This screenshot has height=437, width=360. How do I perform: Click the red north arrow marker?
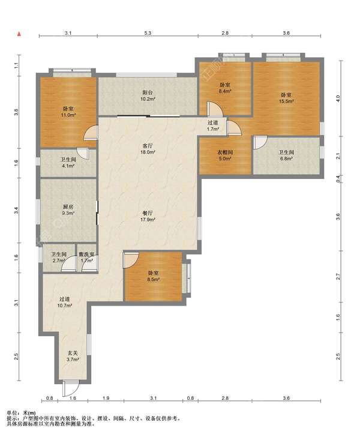point(19,34)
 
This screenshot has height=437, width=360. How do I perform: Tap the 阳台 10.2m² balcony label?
point(148,95)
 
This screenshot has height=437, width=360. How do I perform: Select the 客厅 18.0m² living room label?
point(148,149)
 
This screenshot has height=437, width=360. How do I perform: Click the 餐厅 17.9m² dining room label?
point(148,216)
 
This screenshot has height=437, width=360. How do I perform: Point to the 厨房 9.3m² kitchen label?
point(68,210)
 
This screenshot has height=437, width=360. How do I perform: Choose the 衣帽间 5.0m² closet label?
point(224,155)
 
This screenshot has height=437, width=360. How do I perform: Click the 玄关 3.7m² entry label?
point(73,356)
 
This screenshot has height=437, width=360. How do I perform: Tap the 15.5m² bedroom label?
point(286,98)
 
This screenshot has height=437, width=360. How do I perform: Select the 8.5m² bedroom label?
point(153,276)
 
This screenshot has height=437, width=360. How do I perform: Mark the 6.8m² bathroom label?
point(286,155)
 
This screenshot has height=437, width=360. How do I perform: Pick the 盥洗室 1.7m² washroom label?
point(86,258)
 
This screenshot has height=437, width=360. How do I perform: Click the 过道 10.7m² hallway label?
point(65,302)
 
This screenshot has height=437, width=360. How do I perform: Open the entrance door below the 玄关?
point(70,388)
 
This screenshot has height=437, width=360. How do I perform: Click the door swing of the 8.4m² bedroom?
point(215,109)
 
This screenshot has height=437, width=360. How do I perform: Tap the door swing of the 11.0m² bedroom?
point(91,132)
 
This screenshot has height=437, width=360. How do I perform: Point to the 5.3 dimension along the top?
point(148,33)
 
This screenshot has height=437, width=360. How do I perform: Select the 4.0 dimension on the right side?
point(338,98)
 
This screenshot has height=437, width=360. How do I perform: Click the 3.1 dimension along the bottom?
point(153,398)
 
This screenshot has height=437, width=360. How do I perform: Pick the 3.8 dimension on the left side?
point(16,113)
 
